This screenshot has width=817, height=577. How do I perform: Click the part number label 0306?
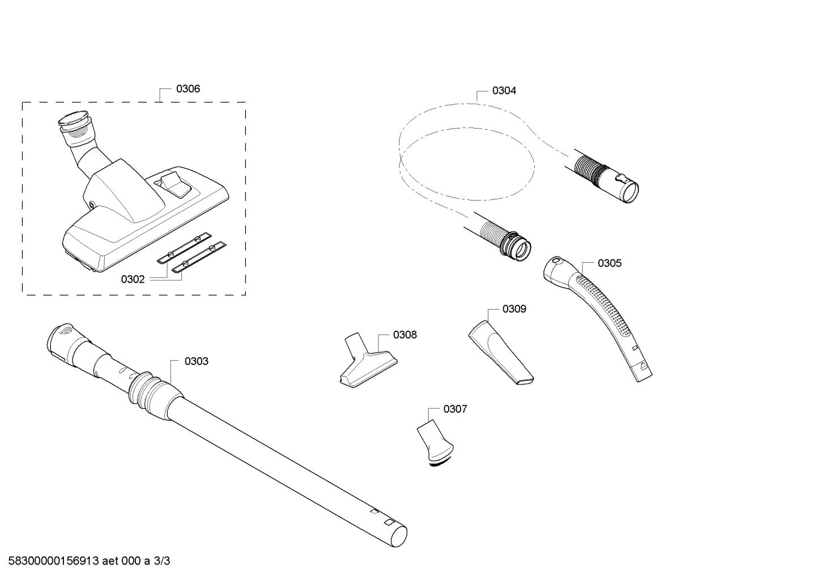coord(188,89)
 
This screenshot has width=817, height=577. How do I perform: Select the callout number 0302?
coord(133,279)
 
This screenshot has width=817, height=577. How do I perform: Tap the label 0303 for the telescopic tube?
coord(197,361)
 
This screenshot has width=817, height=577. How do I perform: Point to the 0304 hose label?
coord(504,91)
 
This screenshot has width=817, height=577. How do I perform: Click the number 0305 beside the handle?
coord(609,263)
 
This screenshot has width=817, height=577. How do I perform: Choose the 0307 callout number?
coord(455,409)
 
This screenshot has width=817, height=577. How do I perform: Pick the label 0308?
coord(405,335)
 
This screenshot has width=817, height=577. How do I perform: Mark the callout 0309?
coord(514,309)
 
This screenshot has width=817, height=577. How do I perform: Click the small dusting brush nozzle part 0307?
coord(436,442)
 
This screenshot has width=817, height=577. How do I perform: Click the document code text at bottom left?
coord(85,561)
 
